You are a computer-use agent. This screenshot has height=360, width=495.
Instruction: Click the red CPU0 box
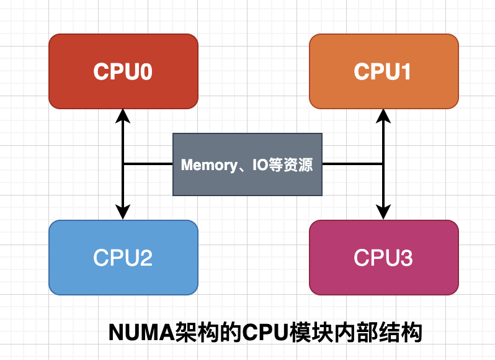(x=123, y=71)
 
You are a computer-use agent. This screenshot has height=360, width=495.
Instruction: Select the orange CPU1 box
(x=383, y=71)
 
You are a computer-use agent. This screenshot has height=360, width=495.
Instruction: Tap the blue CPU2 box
(x=123, y=258)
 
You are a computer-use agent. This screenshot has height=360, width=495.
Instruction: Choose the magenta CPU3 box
(x=383, y=258)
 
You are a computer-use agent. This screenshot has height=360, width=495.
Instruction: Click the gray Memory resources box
(x=247, y=164)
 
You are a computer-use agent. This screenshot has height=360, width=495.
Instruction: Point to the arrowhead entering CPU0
(x=123, y=114)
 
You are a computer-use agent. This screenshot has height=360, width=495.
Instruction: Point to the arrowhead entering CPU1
(x=383, y=114)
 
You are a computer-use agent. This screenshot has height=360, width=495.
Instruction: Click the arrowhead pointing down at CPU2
(x=123, y=214)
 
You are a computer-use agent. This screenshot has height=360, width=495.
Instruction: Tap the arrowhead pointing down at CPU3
(x=383, y=214)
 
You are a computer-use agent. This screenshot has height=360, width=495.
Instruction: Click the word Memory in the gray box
(x=205, y=165)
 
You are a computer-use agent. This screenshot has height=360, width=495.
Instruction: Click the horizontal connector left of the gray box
(x=148, y=164)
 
